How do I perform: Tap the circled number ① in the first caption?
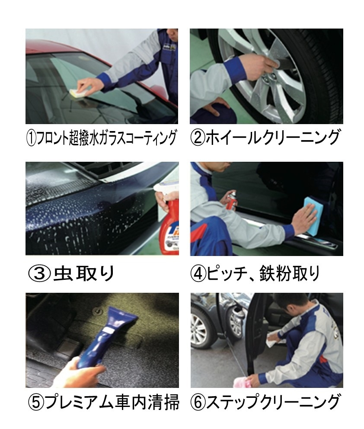pos(31,138)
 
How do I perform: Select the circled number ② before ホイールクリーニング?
pos(198,138)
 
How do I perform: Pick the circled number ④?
pos(198,274)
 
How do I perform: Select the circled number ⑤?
pos(35,402)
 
